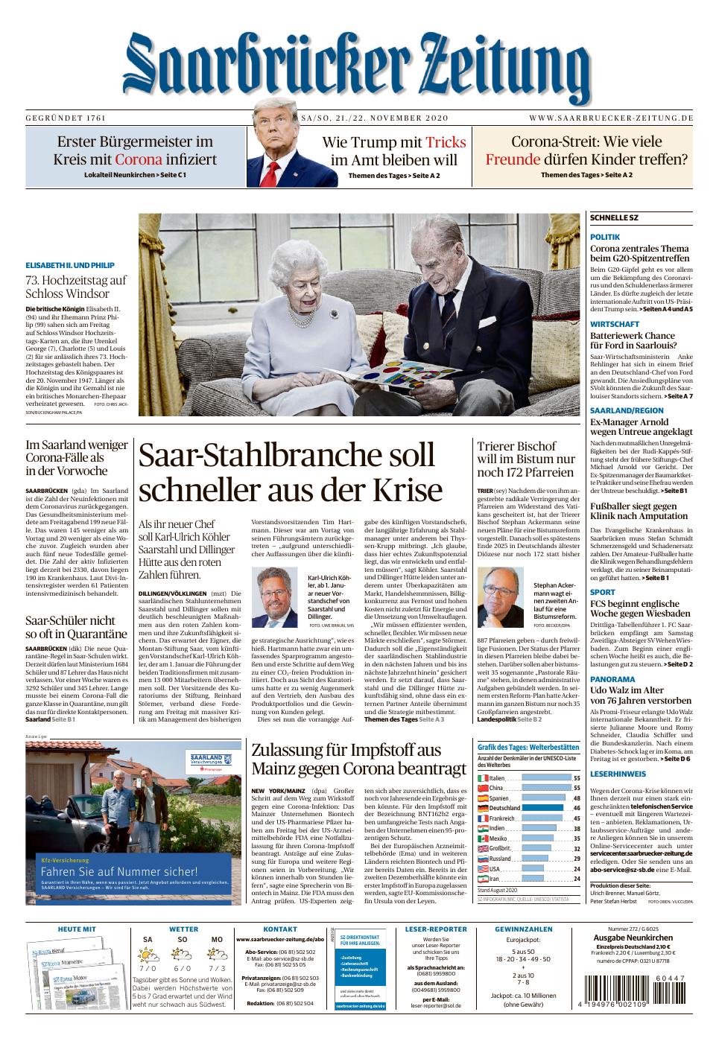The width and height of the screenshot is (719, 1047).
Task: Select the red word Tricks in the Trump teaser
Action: (x=446, y=142)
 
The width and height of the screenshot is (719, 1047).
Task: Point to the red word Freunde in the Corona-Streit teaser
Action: (x=513, y=159)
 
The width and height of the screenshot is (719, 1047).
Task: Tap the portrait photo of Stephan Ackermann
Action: (x=502, y=596)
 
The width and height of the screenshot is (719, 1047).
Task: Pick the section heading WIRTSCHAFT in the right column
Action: (x=615, y=324)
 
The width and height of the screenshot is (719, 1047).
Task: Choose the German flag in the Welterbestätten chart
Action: (x=483, y=808)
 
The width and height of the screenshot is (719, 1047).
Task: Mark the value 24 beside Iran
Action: (x=576, y=879)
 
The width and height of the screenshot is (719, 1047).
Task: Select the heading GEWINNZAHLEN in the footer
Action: (x=523, y=929)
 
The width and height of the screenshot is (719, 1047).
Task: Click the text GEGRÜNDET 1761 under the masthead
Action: (x=66, y=118)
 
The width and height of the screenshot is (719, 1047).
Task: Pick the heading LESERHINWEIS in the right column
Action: (x=618, y=774)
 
